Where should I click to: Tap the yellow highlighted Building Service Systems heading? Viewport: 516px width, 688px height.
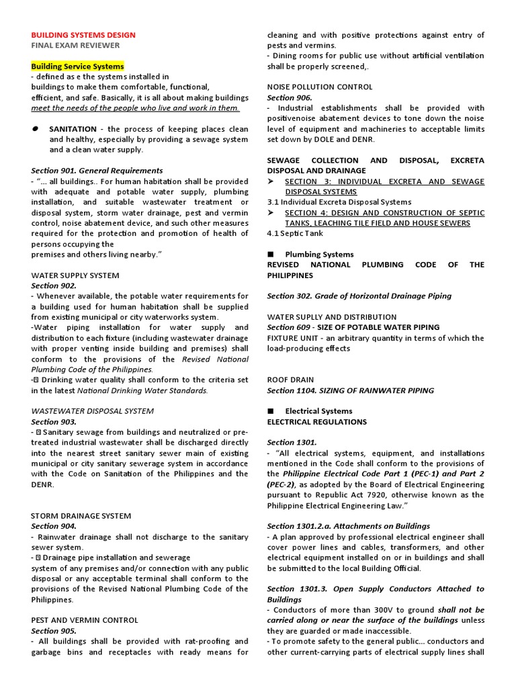tap(78, 67)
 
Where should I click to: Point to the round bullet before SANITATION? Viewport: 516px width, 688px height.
tap(35, 128)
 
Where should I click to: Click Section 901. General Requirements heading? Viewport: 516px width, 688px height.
tap(97, 171)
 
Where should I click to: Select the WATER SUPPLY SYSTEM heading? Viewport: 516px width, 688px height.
tap(75, 275)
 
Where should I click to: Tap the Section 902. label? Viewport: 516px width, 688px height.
tap(54, 286)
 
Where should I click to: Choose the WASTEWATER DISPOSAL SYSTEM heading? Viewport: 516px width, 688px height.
tap(92, 411)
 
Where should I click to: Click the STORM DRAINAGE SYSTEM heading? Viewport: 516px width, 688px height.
tap(81, 516)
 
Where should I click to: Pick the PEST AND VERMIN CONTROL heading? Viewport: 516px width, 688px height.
tap(85, 620)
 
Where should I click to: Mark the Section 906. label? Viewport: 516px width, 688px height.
tap(290, 97)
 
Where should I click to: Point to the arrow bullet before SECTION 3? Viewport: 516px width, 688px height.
tap(271, 181)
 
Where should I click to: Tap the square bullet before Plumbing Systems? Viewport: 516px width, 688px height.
tap(271, 255)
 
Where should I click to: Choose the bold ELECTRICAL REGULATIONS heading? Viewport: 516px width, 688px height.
tap(317, 422)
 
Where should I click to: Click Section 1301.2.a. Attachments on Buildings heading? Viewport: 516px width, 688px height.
tap(349, 526)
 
